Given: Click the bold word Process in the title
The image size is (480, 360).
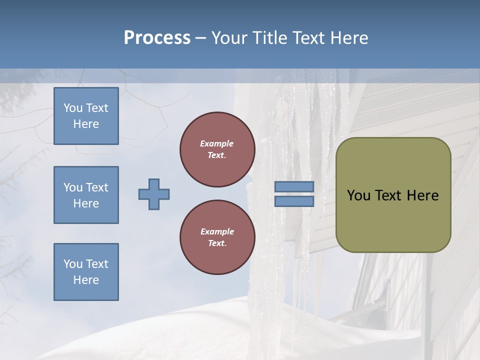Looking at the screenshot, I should (157, 38).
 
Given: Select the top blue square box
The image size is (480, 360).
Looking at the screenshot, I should (86, 116).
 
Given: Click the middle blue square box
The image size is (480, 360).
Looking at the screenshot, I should (86, 195).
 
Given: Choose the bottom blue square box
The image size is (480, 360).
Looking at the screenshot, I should (86, 272).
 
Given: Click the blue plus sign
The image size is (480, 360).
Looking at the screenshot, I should (154, 194).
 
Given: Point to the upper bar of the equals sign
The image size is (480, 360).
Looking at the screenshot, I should (294, 186).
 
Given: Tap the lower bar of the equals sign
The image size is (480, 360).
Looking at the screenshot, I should (294, 201).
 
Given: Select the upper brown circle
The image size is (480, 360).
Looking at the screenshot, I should (217, 149).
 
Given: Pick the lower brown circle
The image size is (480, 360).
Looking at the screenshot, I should (217, 237).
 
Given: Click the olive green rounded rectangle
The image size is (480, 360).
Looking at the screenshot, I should (393, 195).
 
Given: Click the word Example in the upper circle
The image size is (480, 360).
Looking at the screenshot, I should (217, 143).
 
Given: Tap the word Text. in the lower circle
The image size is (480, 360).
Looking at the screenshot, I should (217, 243).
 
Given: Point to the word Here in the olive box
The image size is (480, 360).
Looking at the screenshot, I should (422, 195).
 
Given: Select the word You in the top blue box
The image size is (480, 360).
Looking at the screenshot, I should (73, 108).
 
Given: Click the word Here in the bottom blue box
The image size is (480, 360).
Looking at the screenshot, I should (86, 280).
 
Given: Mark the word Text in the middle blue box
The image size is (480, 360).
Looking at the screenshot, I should (97, 187).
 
